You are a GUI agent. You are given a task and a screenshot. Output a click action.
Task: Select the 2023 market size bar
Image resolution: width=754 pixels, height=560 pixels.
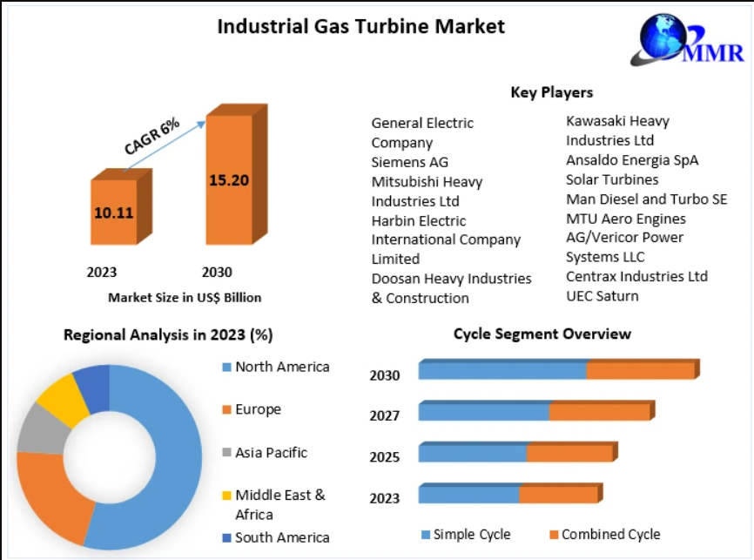click(x=121, y=207)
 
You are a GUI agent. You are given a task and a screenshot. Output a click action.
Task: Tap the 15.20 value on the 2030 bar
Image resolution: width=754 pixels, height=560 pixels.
click(x=229, y=180)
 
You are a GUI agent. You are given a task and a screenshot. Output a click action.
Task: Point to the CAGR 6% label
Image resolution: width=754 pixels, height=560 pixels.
click(x=152, y=136)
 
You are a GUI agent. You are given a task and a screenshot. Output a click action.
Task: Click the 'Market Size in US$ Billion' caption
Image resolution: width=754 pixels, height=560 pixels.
click(x=185, y=298)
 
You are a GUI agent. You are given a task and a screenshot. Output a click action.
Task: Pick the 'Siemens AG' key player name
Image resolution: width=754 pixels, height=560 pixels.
click(x=410, y=162)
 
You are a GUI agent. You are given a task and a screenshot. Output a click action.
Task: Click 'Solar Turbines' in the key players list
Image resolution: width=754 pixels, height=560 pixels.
click(x=612, y=179)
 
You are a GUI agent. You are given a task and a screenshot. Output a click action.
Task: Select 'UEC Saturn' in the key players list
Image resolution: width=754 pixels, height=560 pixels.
click(x=602, y=296)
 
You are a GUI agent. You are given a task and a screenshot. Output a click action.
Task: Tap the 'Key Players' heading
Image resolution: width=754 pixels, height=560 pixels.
click(x=551, y=92)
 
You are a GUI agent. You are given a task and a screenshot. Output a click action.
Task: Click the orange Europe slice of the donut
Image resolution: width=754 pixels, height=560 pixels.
click(x=53, y=496)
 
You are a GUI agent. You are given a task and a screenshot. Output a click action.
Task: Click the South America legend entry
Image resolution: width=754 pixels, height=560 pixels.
click(x=276, y=537)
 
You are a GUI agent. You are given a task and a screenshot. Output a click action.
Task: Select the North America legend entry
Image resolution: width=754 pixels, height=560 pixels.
click(x=276, y=367)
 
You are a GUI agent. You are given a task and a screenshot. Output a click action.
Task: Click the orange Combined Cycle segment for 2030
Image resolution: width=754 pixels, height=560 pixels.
click(x=642, y=370)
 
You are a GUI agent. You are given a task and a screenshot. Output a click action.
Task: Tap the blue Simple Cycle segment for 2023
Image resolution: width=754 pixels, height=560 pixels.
click(x=468, y=494)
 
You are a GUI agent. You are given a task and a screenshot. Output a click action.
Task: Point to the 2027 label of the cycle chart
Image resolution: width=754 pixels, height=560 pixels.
click(x=384, y=415)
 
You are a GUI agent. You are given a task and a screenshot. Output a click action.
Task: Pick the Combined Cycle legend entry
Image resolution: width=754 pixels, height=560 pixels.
click(x=605, y=535)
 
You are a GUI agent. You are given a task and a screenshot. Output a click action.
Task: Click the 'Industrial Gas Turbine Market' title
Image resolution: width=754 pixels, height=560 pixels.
click(x=361, y=26)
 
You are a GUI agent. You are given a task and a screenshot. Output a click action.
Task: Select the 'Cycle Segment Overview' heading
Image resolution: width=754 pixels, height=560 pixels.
click(x=542, y=334)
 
